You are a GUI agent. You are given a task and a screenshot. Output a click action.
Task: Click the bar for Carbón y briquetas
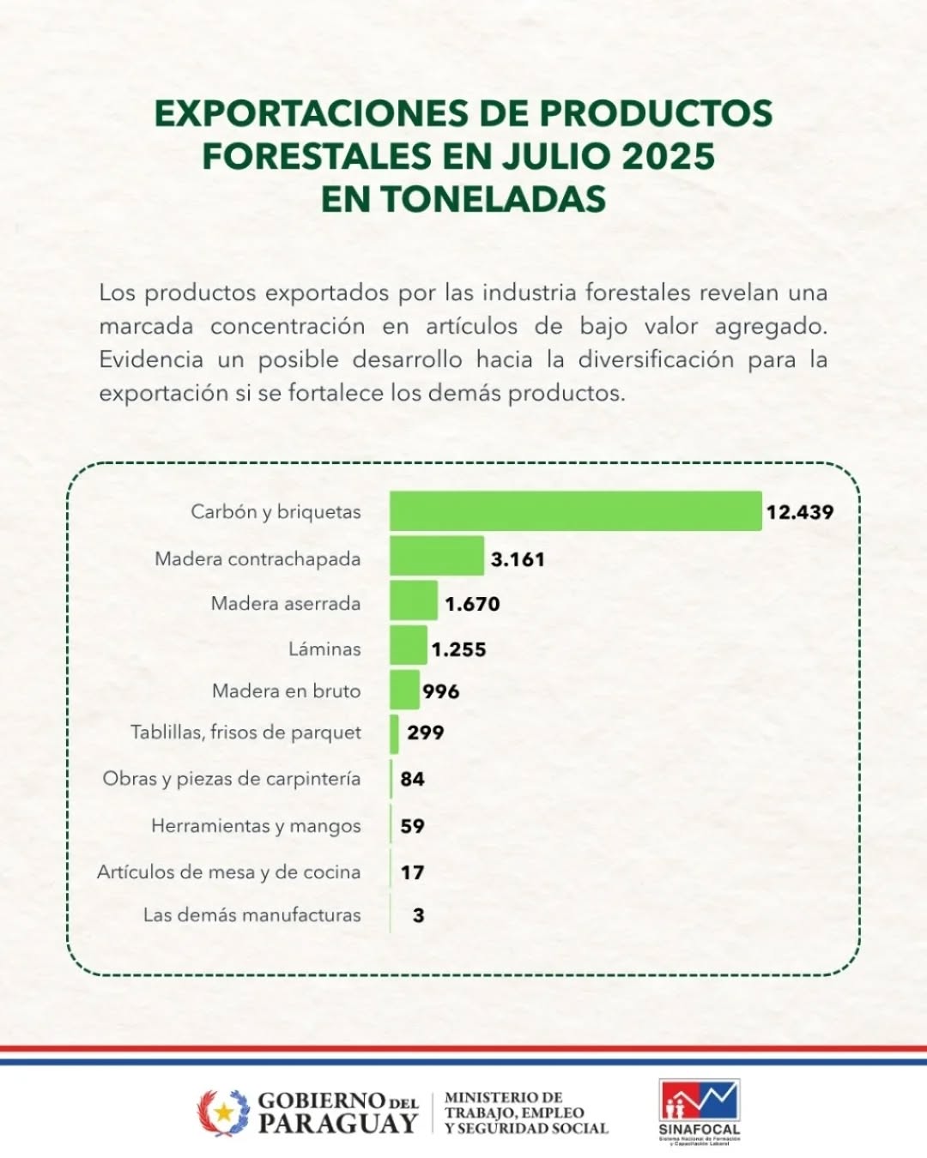pos(575,511)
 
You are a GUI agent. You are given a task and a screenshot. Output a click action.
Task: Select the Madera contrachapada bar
pos(437,556)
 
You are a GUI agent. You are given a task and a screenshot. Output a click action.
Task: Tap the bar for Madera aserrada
pos(414,600)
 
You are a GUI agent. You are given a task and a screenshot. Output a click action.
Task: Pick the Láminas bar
pos(409,645)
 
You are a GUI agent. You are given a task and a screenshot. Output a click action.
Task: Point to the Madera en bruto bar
pos(404,690)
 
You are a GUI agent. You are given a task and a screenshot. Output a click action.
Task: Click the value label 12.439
pos(800,512)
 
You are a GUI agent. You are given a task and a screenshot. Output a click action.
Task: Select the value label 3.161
pos(518,559)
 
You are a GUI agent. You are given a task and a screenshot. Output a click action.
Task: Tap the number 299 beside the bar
pos(426,733)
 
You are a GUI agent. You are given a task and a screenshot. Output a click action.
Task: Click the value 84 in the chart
pos(412,779)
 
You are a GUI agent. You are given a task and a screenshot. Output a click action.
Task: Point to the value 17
pos(412,872)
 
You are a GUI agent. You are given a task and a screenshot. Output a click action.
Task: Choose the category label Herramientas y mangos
pos(256,826)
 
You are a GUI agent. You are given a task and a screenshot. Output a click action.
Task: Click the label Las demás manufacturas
pos(251,915)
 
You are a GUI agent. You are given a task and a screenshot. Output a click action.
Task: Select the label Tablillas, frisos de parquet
pos(245,733)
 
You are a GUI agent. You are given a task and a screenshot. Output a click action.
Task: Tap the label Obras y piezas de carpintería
pos(232,779)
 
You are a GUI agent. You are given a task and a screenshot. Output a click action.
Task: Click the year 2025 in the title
pos(669,156)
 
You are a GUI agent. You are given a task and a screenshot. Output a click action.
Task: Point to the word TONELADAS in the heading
pos(494,199)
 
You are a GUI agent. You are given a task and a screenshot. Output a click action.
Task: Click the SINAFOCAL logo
pos(699,1112)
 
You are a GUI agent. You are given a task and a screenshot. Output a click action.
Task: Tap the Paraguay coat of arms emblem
pos(224,1113)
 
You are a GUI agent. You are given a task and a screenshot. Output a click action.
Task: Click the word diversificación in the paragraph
pos(656,359)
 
